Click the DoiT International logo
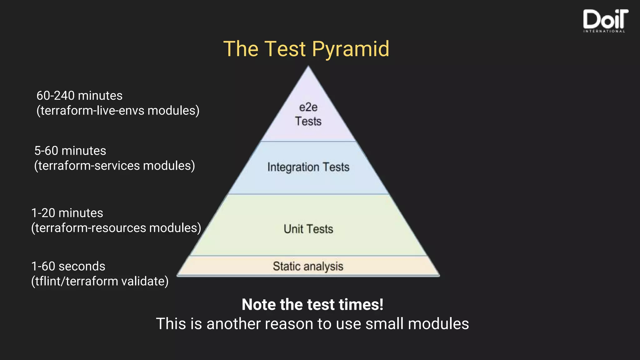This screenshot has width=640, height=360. pyautogui.click(x=605, y=21)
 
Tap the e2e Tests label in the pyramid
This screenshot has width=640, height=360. pyautogui.click(x=308, y=114)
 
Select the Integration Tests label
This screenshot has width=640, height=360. pyautogui.click(x=308, y=167)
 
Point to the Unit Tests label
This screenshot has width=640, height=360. pyautogui.click(x=308, y=229)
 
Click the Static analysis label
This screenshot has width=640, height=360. pyautogui.click(x=308, y=266)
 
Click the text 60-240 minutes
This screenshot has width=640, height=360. pyautogui.click(x=79, y=96)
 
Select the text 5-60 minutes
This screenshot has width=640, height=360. pyautogui.click(x=70, y=151)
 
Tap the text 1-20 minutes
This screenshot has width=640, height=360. pyautogui.click(x=67, y=213)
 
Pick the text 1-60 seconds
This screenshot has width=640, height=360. pyautogui.click(x=68, y=267)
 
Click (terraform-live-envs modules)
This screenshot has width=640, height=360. pyautogui.click(x=118, y=111)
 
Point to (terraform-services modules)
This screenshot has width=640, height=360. pyautogui.click(x=114, y=166)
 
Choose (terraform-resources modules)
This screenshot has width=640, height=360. pyautogui.click(x=116, y=228)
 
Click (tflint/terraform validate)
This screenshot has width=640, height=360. pyautogui.click(x=100, y=281)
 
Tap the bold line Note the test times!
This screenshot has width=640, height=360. pyautogui.click(x=312, y=305)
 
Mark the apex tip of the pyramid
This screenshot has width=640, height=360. pyautogui.click(x=308, y=67)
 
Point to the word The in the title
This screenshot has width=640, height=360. pyautogui.click(x=241, y=49)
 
